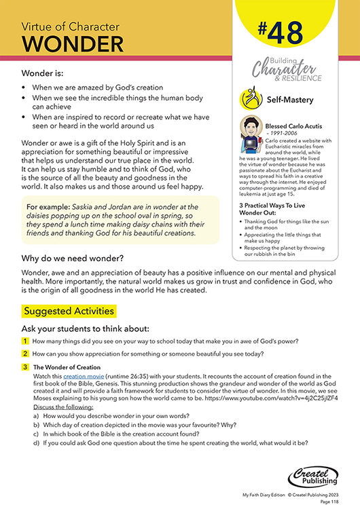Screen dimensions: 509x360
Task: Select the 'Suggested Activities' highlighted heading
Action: point(69,311)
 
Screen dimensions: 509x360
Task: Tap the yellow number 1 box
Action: point(25,341)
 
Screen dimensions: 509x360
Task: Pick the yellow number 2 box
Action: point(25,354)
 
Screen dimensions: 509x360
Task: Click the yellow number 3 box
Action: point(25,366)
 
